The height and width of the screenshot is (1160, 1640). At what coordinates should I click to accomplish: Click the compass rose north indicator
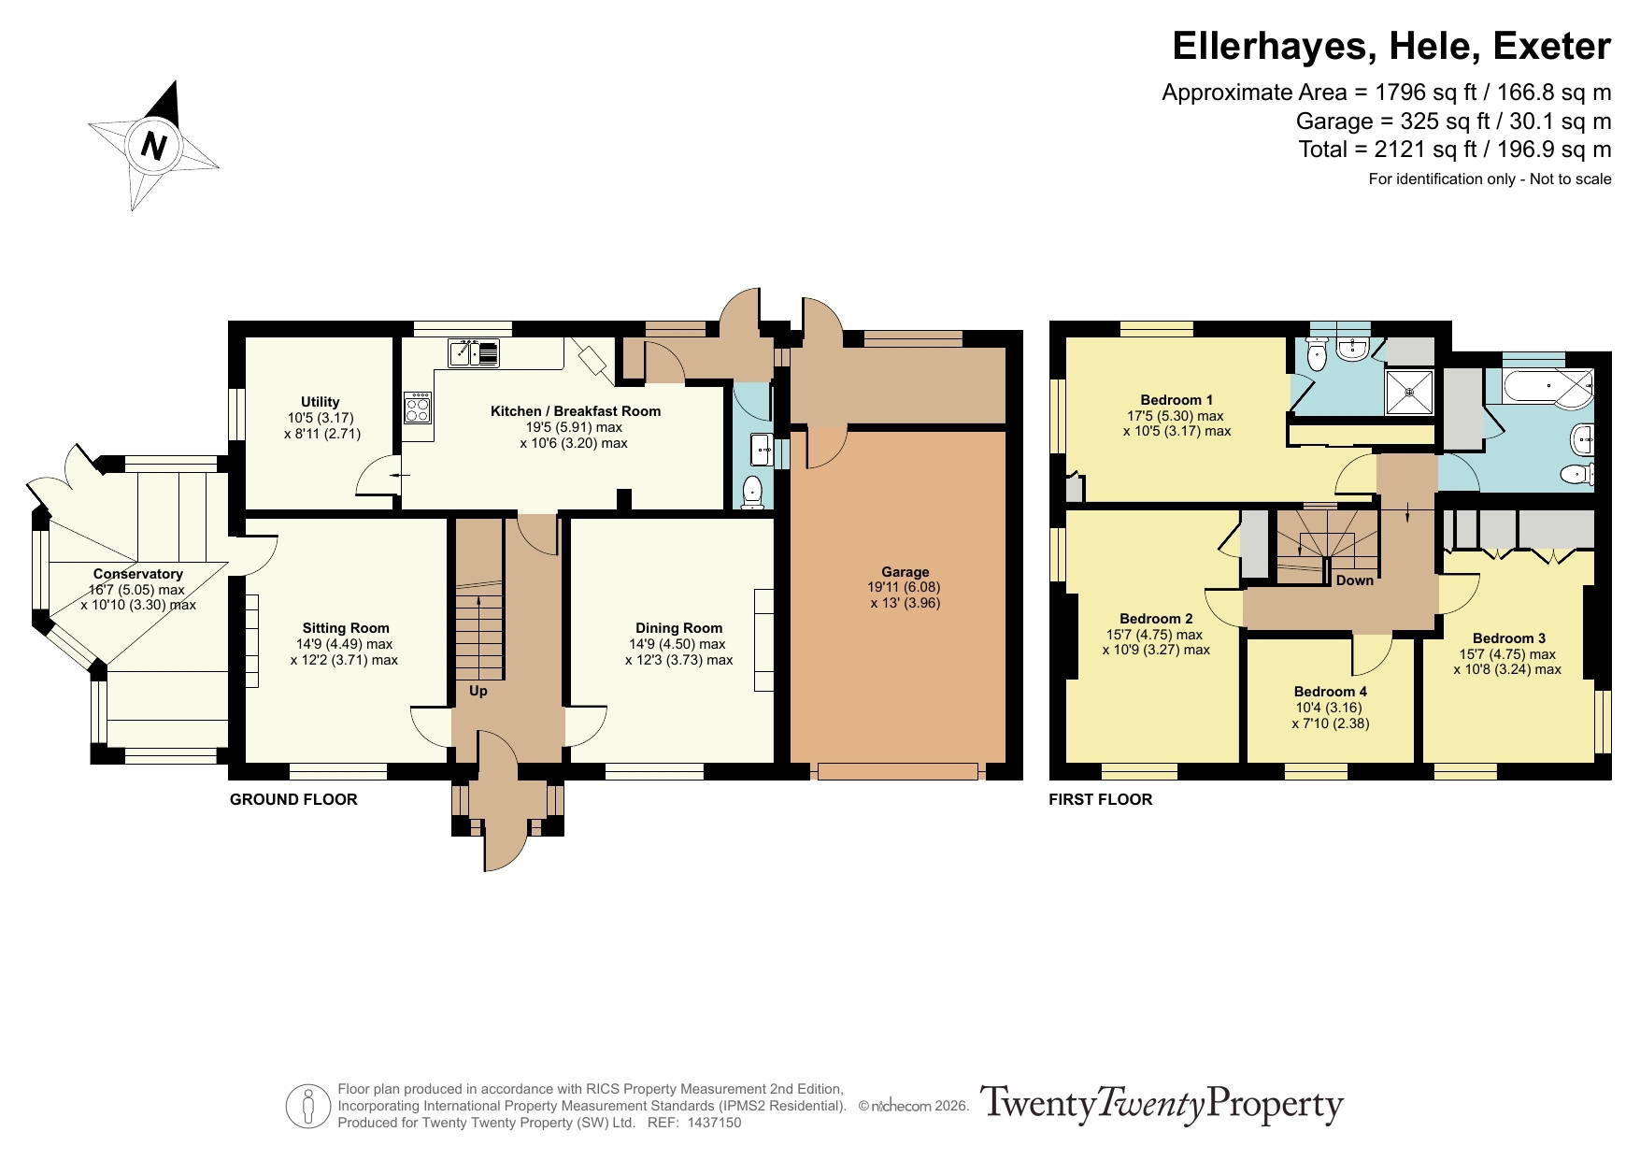[153, 146]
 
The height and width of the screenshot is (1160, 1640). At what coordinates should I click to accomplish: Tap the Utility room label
[321, 402]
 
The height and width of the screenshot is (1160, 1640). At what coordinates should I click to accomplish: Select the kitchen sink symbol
[474, 352]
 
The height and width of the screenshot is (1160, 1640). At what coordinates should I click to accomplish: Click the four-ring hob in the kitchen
[418, 408]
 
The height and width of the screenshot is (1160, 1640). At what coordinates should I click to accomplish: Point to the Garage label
[905, 572]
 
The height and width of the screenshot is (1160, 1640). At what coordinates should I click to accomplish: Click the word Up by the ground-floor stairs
[478, 691]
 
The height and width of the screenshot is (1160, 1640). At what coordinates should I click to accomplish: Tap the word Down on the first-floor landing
[1354, 580]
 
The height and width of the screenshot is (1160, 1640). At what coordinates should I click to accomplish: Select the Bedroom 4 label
[1331, 692]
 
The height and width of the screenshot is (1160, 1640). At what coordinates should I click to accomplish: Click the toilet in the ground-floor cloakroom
[752, 493]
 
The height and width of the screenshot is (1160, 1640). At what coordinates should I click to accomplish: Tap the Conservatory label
[137, 574]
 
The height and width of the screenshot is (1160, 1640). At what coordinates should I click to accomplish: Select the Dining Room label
[678, 628]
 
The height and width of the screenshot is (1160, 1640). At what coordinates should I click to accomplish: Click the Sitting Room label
[346, 628]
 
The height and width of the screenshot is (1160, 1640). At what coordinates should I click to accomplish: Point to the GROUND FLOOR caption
[293, 799]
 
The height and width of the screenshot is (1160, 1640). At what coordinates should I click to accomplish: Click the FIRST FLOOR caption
[1100, 799]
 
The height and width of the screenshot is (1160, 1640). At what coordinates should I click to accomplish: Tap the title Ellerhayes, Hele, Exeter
[1391, 46]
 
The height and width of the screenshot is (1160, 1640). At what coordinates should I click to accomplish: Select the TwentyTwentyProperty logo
[1162, 1104]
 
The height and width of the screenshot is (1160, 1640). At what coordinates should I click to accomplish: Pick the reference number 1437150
[714, 1123]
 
